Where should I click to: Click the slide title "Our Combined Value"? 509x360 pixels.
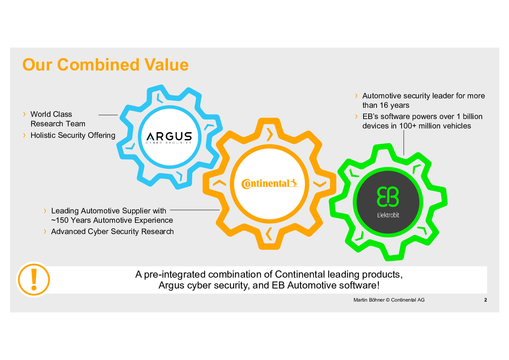tap(106, 65)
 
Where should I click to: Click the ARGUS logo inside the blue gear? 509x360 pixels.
tap(169, 138)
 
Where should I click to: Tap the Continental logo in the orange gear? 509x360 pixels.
tap(270, 184)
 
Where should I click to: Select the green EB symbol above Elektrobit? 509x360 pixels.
tap(388, 197)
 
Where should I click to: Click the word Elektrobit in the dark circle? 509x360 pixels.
tap(388, 215)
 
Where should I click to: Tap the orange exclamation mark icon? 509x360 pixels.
tap(34, 279)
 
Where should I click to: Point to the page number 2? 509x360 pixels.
tap(485, 300)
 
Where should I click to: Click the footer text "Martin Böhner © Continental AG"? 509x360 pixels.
tap(389, 300)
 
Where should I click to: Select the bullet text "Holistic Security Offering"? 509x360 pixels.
tap(73, 135)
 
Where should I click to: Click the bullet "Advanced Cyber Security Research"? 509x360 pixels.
tap(112, 232)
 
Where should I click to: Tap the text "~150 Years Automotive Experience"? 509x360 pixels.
tap(112, 220)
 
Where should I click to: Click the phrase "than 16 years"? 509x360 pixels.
tap(386, 105)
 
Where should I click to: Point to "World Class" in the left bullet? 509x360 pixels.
tap(51, 114)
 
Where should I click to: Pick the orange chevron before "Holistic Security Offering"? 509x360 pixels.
tap(24, 135)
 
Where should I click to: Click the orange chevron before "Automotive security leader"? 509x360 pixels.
tap(356, 96)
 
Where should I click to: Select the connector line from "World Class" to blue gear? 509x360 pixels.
tap(108, 115)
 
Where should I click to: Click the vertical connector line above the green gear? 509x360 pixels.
tap(403, 143)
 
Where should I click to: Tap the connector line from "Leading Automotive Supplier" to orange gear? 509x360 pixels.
tap(194, 210)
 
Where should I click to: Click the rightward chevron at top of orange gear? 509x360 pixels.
tap(270, 135)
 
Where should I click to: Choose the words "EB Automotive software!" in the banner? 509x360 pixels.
tap(326, 286)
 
